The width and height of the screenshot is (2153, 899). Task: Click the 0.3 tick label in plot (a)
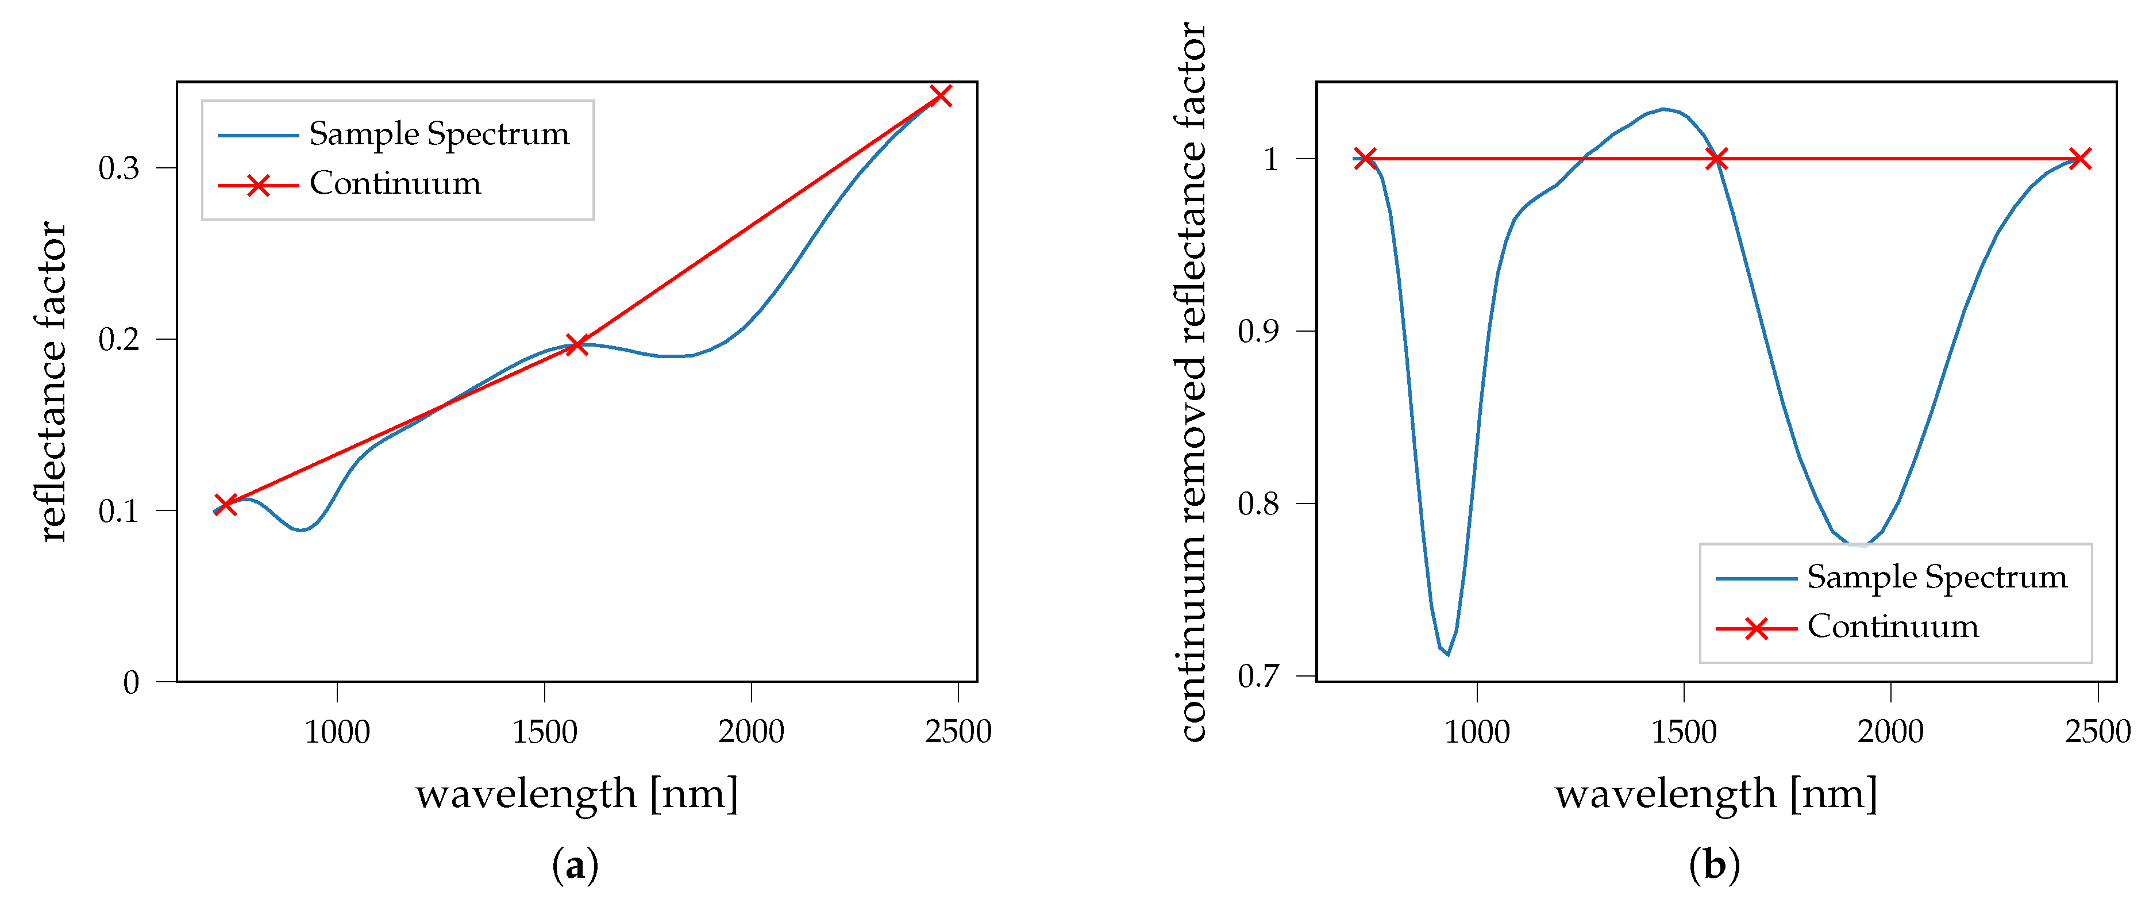coord(119,168)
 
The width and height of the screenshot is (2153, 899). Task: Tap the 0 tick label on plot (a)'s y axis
coord(131,682)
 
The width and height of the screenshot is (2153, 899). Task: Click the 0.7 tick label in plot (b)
coord(1258,676)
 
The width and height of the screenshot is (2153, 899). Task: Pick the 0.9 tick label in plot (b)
coord(1258,332)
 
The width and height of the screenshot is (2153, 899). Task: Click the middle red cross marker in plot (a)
coord(577,344)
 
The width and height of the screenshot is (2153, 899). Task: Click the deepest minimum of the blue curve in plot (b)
coord(1447,653)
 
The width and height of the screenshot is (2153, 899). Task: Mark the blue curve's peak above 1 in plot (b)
coord(1663,110)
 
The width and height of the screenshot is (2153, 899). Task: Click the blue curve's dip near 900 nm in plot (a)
coord(301,529)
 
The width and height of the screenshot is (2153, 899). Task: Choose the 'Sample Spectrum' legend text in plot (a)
coord(439,135)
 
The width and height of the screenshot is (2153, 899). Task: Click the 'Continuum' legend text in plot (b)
coord(1893,627)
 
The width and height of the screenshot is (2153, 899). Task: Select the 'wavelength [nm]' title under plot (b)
coord(1716,793)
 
